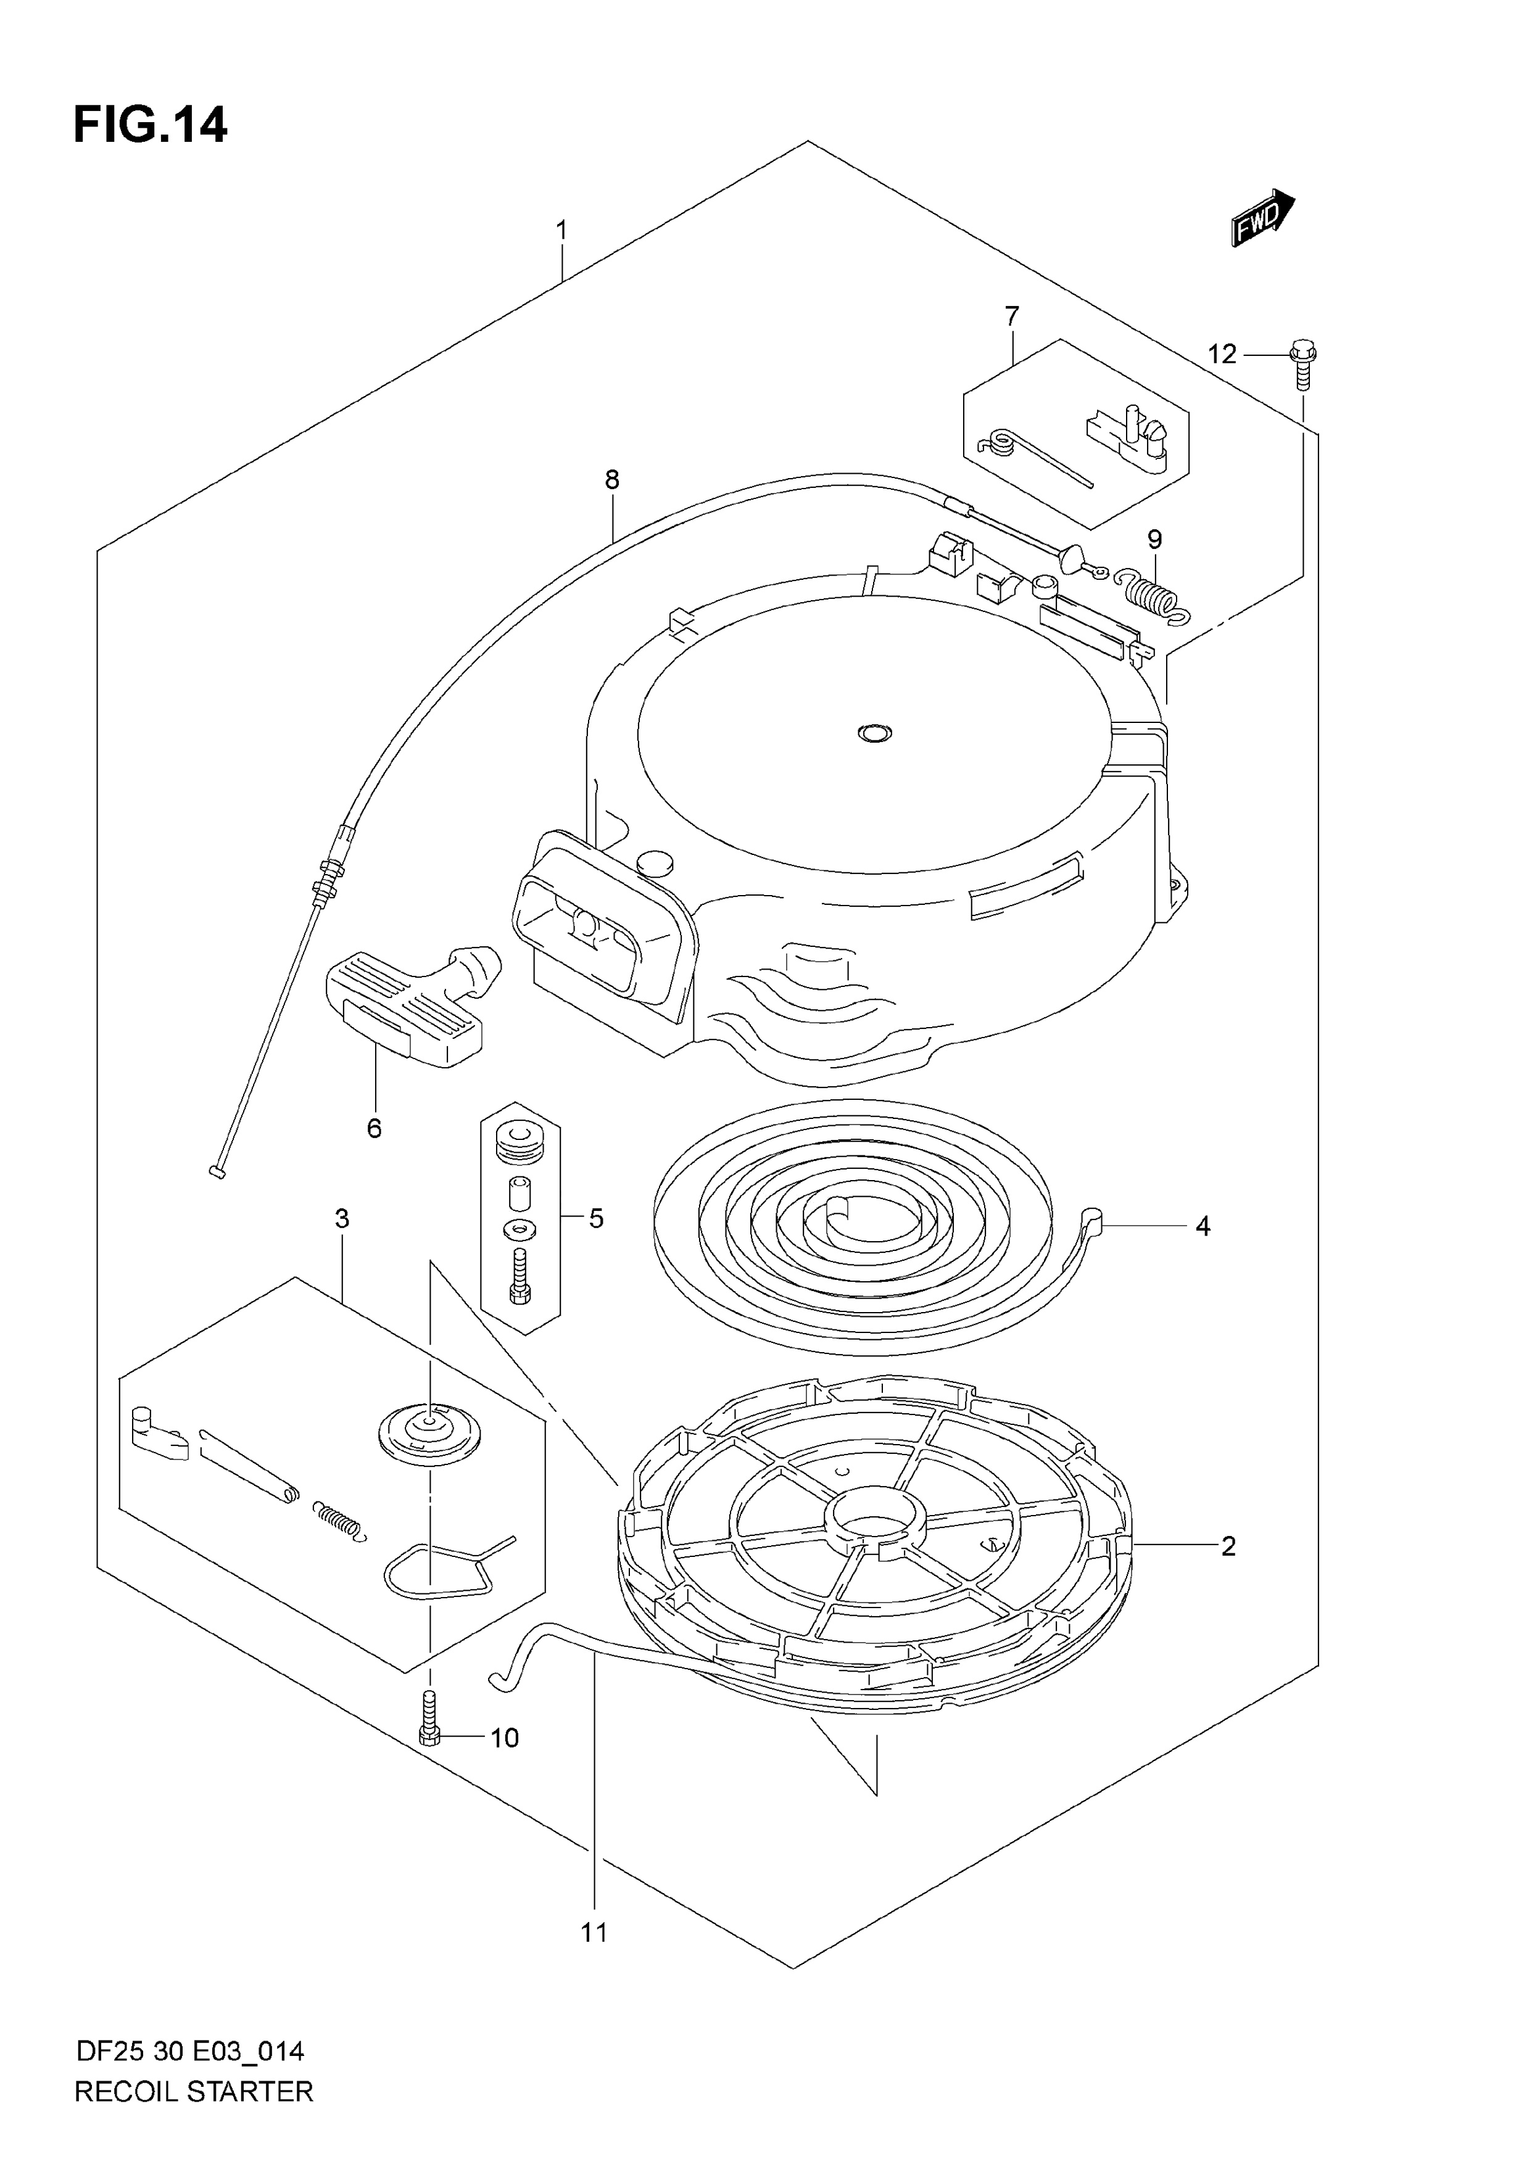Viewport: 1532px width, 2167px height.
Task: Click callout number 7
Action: (x=1012, y=316)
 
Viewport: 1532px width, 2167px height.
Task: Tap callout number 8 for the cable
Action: (x=613, y=481)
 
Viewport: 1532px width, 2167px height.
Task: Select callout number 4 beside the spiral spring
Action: (x=1203, y=1226)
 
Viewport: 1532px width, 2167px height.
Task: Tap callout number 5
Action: (x=595, y=1218)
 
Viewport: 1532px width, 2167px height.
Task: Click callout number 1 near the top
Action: (x=561, y=230)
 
